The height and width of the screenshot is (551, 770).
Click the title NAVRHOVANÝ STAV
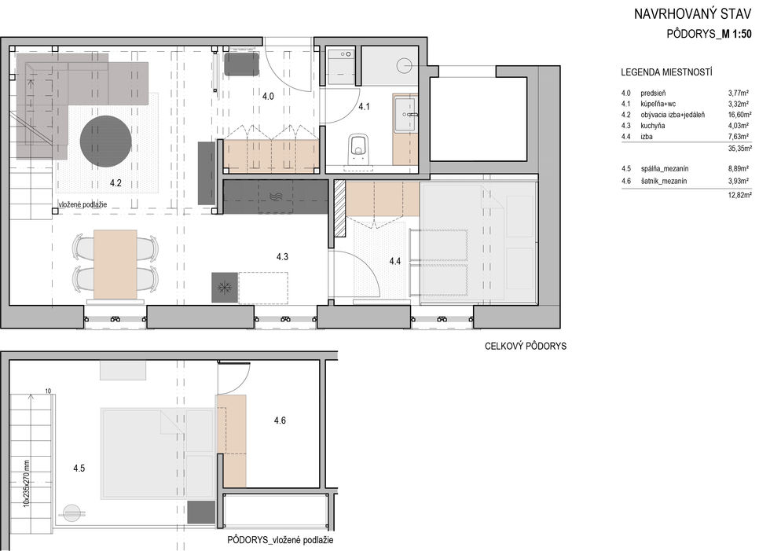click(x=692, y=13)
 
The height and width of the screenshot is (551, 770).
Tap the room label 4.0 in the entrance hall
click(x=268, y=96)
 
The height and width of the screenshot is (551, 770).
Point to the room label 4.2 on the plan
click(x=115, y=183)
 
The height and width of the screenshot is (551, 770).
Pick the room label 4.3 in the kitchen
click(x=282, y=257)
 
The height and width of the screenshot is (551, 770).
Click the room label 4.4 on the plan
click(x=394, y=261)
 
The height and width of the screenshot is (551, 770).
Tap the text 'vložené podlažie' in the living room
click(x=82, y=204)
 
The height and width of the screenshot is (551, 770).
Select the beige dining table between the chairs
click(x=115, y=264)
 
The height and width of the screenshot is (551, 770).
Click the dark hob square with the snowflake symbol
click(x=225, y=287)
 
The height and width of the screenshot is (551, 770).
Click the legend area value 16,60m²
click(x=739, y=115)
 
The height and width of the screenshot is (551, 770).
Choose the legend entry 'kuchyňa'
click(x=653, y=126)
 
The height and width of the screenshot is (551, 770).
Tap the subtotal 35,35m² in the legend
click(x=739, y=149)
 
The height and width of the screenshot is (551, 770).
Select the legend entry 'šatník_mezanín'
click(x=663, y=182)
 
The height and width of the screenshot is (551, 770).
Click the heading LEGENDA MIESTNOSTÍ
click(x=666, y=72)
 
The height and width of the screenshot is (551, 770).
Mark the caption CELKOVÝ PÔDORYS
click(x=526, y=346)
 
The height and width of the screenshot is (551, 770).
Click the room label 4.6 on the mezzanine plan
click(x=280, y=421)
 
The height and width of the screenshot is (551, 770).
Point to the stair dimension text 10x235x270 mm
click(x=27, y=483)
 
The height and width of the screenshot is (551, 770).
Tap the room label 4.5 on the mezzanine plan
click(x=79, y=468)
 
